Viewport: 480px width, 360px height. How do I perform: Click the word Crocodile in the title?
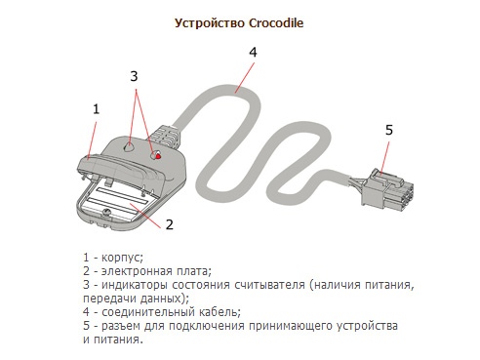[x=276, y=23]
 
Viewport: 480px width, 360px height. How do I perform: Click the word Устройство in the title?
[x=210, y=23]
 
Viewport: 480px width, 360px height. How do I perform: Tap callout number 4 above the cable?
[x=253, y=52]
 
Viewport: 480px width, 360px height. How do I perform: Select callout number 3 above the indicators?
[x=134, y=76]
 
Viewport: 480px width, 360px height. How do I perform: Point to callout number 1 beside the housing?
[x=96, y=109]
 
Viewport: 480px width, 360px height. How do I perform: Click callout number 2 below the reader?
[x=170, y=224]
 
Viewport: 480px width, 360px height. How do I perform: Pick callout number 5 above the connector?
[x=389, y=130]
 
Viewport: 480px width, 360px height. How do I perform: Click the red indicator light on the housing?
[x=158, y=156]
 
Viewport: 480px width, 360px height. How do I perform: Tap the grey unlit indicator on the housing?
[x=129, y=146]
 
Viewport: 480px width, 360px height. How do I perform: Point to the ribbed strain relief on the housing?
[x=166, y=136]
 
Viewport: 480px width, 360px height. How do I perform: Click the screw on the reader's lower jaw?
[x=106, y=212]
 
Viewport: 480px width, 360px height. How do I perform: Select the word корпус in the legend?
[x=122, y=258]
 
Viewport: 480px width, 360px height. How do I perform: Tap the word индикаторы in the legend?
[x=135, y=285]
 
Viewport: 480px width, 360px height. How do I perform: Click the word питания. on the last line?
[x=118, y=340]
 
